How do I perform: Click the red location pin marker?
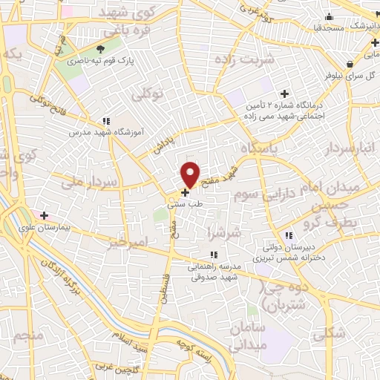tap(190, 174)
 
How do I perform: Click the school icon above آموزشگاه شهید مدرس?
tap(106, 120)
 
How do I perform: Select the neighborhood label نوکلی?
tap(146, 94)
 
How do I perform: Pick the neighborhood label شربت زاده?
tap(245, 57)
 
